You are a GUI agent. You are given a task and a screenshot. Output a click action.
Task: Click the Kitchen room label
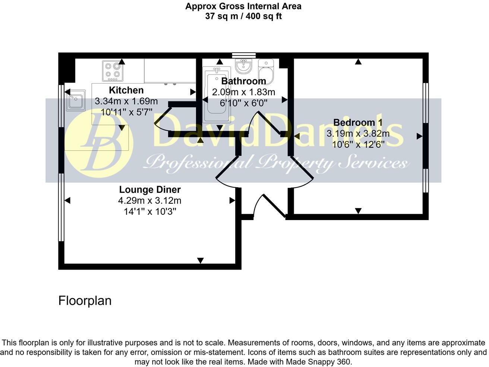pos(126,90)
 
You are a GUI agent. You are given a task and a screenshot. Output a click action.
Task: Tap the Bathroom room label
pos(243,81)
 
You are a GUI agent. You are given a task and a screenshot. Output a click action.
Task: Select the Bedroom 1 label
pos(357,122)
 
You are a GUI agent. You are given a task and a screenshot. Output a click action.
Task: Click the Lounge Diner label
pos(150,190)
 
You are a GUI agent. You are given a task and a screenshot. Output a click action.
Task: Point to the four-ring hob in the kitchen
pos(113,71)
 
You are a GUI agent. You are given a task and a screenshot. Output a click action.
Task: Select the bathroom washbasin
pos(243,66)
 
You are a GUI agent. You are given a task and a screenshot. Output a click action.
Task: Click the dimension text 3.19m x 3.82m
pos(358,134)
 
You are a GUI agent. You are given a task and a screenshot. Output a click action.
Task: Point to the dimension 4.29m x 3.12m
pos(150,201)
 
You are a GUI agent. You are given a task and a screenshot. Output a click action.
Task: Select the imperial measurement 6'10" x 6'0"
pos(243,103)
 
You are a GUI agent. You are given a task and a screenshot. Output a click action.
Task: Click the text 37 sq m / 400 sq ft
pos(243,16)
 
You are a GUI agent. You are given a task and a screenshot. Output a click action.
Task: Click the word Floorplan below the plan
pos(85,301)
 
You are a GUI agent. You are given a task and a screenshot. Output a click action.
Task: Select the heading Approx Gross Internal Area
pos(243,6)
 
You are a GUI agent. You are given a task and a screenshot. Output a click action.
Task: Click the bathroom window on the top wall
pos(244,55)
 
